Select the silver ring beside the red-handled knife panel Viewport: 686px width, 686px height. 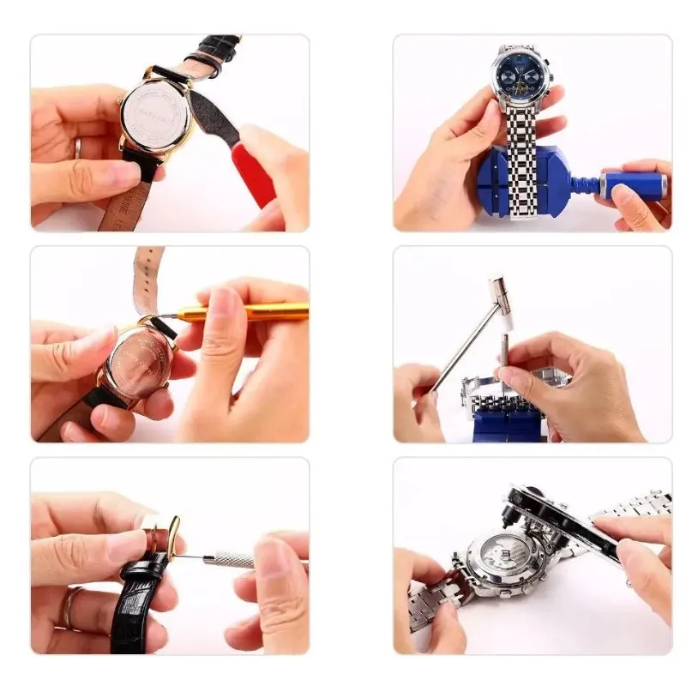pos(77,147)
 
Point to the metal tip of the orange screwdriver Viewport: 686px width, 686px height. pos(163,319)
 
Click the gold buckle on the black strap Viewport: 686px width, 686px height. pos(174,536)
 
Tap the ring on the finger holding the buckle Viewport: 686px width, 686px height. pos(68,608)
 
